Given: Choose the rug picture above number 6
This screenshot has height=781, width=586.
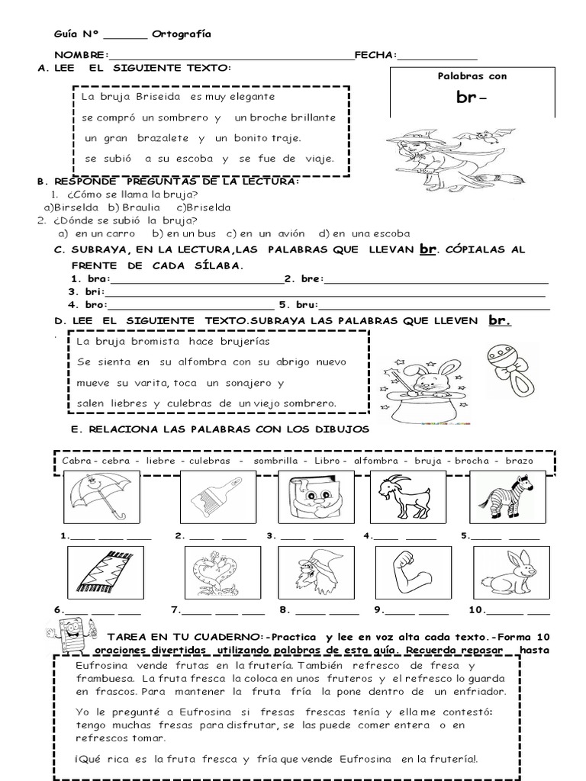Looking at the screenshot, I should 101,572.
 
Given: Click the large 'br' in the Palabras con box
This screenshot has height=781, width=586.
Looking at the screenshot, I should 469,98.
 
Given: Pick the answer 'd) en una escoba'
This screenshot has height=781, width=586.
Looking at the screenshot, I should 364,233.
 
